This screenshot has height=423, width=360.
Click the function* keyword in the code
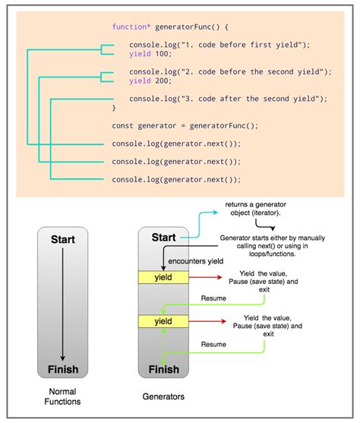pos(128,27)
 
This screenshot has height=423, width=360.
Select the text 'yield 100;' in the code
pos(150,54)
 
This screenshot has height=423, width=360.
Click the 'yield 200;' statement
pos(150,80)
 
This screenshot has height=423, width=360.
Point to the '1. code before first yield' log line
pos(220,45)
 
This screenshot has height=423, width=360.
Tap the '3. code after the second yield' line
pos(228,99)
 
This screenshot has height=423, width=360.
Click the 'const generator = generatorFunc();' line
pos(175,125)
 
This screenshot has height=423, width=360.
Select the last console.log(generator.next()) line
pos(176,179)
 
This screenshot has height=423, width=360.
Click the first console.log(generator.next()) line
pos(176,144)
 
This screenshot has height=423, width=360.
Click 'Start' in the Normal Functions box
pos(62,239)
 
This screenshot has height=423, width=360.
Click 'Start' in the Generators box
pos(163,238)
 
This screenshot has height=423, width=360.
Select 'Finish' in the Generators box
pos(163,371)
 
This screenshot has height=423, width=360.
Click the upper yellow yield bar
pos(163,278)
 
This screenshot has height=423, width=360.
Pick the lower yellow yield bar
pos(163,321)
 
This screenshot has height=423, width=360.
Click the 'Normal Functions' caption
pos(62,396)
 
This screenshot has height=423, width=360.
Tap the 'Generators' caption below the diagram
pos(163,396)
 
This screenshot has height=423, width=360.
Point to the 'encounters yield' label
pos(197,260)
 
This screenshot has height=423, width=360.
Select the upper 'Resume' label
pos(213,300)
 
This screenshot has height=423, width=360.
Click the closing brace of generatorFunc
pos(115,108)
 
